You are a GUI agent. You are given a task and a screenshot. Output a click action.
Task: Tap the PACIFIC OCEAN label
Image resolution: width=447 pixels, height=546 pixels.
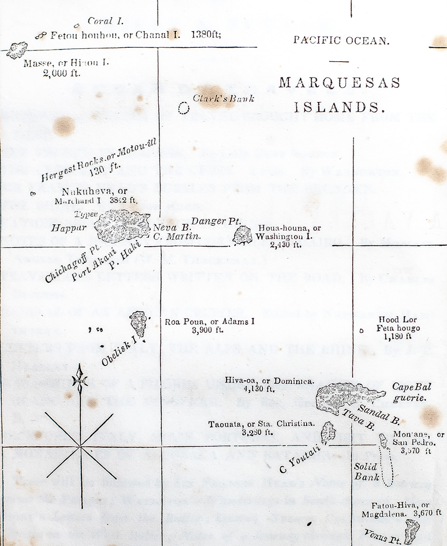pos(341,40)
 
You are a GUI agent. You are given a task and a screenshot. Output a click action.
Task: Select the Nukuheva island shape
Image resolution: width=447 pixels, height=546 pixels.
pos(123,226)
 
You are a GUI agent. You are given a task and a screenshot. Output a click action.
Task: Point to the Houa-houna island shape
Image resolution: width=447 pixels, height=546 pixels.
pos(243,235)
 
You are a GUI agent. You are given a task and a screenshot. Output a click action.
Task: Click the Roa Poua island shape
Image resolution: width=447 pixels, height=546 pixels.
pos(139,323)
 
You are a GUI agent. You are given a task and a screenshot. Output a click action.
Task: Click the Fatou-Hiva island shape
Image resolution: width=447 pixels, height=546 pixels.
pos(412,532)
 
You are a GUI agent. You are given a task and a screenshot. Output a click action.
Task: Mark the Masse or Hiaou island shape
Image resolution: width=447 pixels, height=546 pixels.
pos(17,50)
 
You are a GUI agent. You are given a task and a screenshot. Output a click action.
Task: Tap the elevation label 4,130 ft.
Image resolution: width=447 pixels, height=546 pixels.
pos(257,389)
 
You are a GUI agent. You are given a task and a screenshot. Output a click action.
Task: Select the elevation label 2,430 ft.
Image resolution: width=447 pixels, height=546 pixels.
pos(285,244)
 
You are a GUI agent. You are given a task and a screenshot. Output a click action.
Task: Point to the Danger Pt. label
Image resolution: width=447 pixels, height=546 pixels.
pos(216,221)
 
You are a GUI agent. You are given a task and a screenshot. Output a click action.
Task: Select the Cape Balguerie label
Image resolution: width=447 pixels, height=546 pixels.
pos(409,392)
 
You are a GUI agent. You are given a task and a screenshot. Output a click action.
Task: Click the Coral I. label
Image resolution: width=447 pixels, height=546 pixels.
pos(105,21)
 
